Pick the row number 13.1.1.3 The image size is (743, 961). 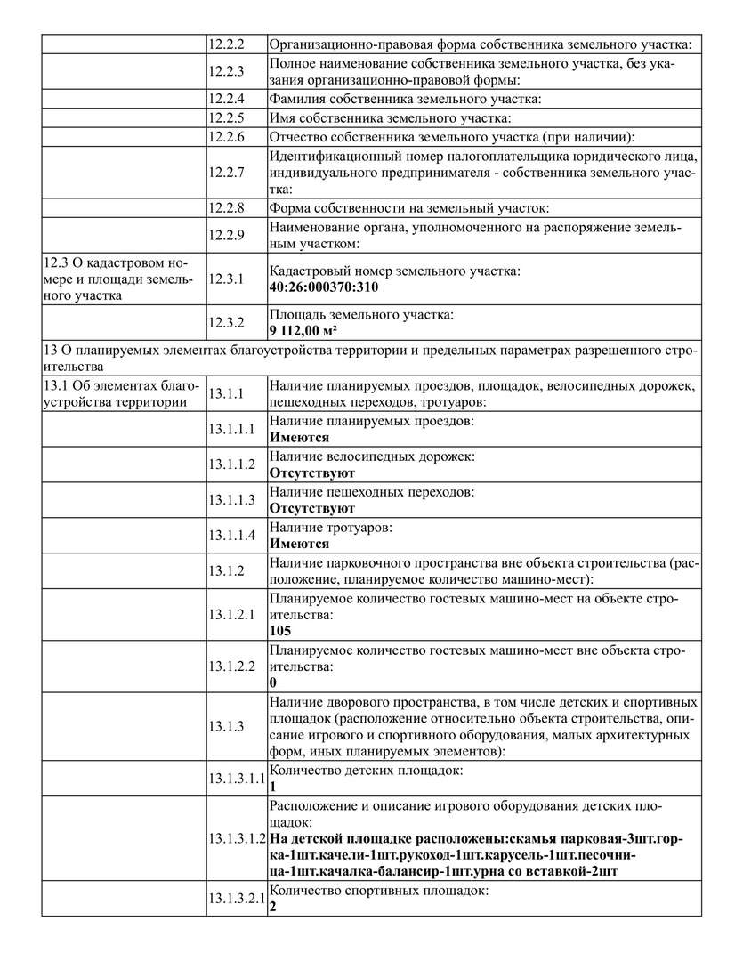(x=230, y=499)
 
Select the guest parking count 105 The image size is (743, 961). (x=280, y=631)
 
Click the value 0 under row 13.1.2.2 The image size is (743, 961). (x=273, y=682)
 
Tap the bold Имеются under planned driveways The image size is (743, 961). (x=299, y=438)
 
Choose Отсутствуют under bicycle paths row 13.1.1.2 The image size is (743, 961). (x=311, y=473)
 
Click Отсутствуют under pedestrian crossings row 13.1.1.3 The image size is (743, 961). (x=311, y=508)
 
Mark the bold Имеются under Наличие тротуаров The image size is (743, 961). (x=299, y=544)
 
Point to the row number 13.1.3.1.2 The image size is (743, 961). (x=236, y=838)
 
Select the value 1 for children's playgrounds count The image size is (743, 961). (x=273, y=787)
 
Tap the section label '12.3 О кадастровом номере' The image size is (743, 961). (x=115, y=279)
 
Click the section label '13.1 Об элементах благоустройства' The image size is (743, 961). (x=115, y=392)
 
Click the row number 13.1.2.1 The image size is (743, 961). (x=230, y=614)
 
